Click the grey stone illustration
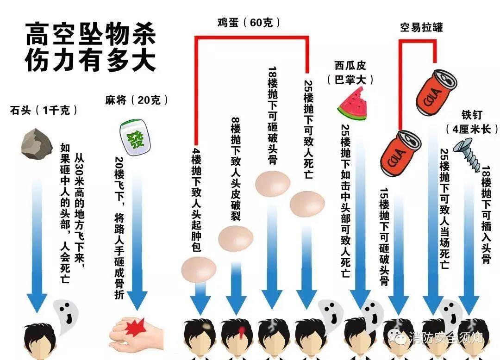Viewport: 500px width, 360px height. pyautogui.click(x=37, y=144)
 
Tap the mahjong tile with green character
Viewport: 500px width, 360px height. pyautogui.click(x=135, y=137)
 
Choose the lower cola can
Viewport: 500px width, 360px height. pyautogui.click(x=400, y=153)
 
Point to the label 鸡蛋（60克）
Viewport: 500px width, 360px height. pyautogui.click(x=249, y=23)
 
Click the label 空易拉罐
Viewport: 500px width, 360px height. pyautogui.click(x=421, y=27)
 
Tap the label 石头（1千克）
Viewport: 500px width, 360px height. pyautogui.click(x=44, y=111)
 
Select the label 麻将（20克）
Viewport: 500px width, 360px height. pyautogui.click(x=137, y=100)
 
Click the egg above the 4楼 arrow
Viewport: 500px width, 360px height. pyautogui.click(x=199, y=269)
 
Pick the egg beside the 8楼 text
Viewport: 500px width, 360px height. pyautogui.click(x=236, y=238)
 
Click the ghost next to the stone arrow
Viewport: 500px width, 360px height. pyautogui.click(x=65, y=316)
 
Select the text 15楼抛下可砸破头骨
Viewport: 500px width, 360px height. pyautogui.click(x=385, y=236)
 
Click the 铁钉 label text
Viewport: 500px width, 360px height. pyautogui.click(x=472, y=115)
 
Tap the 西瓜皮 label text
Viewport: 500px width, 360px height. pyautogui.click(x=350, y=66)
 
